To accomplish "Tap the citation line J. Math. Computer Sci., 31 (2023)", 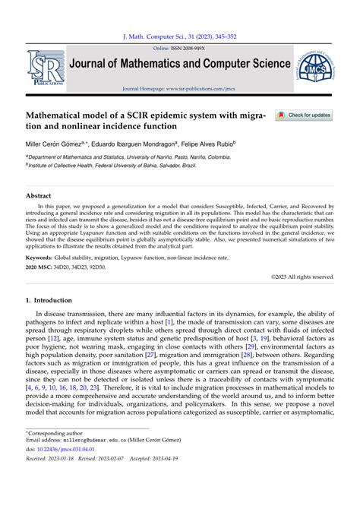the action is coord(179,36).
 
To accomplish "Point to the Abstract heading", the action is coord(39,196).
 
